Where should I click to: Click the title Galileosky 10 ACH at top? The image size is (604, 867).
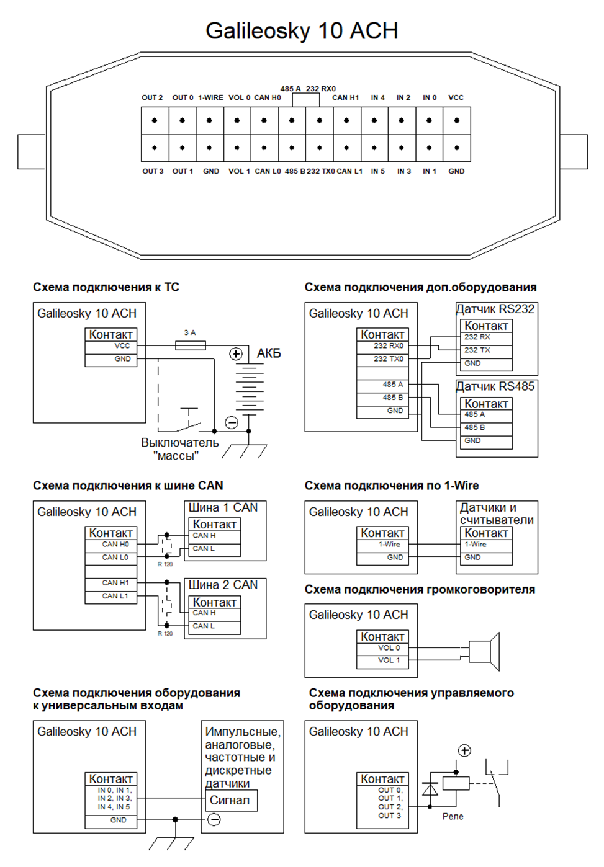coord(302,30)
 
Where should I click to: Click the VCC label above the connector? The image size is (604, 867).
coord(456,97)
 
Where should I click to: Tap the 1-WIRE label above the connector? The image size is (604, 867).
coord(210,97)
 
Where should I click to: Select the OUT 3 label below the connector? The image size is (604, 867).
coord(153,171)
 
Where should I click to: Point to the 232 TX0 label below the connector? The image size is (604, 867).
coord(320,171)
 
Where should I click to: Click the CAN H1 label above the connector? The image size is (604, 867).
coord(345,97)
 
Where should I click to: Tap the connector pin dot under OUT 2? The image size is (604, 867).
coord(155,120)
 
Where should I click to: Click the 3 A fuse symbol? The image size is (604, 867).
coord(190,345)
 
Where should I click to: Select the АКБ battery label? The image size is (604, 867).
coord(269,353)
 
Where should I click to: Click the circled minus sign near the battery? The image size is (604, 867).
coord(232,422)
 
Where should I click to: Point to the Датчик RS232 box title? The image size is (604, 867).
coord(495,309)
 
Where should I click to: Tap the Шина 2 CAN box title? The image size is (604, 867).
coord(223,584)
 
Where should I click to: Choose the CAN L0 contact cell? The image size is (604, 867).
coord(110,558)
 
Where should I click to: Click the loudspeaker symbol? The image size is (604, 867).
coord(484,651)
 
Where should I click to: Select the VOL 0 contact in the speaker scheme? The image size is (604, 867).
coord(382,648)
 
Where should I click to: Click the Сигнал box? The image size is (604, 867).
coord(232,800)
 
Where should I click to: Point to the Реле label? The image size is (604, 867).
coord(453,816)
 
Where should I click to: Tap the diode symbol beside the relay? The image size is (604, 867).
coord(430,788)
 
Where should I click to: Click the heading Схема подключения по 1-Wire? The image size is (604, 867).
coord(391,486)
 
